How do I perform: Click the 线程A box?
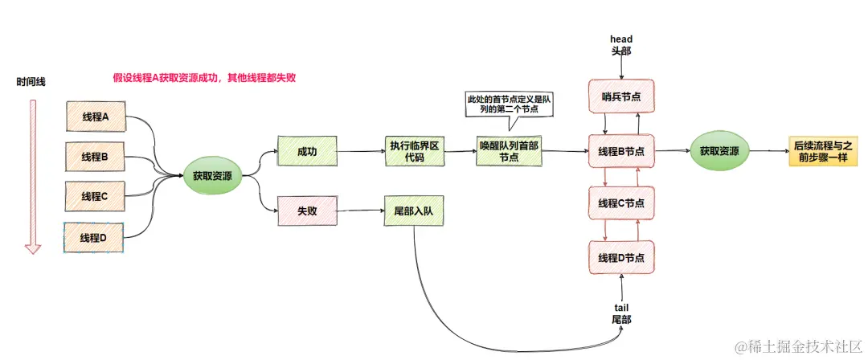pyautogui.click(x=95, y=117)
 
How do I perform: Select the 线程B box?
pyautogui.click(x=95, y=157)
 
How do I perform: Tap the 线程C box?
pyautogui.click(x=95, y=196)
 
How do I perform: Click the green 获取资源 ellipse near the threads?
pyautogui.click(x=212, y=176)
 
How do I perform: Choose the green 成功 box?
pyautogui.click(x=306, y=151)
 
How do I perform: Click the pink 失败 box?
pyautogui.click(x=306, y=211)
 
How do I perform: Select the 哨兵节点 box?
pyautogui.click(x=621, y=96)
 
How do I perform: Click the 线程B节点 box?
pyautogui.click(x=621, y=151)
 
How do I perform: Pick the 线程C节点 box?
pyautogui.click(x=621, y=202)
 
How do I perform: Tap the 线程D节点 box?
pyautogui.click(x=621, y=256)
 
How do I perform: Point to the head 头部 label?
pyautogui.click(x=621, y=44)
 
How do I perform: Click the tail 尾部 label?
pyautogui.click(x=621, y=313)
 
